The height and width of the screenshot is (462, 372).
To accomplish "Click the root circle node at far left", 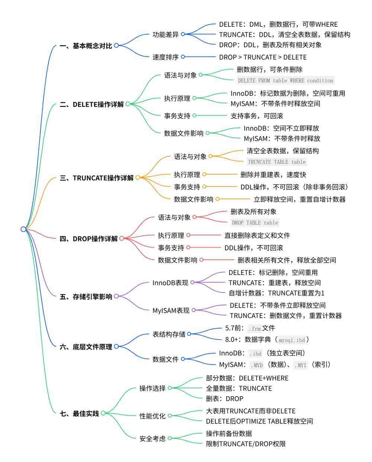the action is click(23, 229).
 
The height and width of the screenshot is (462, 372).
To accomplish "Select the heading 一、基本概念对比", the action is click(86, 46).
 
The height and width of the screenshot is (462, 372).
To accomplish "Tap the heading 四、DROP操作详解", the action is click(89, 238).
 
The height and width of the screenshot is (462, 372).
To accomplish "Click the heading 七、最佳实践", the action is click(79, 414).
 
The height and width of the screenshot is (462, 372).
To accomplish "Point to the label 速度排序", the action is click(166, 57).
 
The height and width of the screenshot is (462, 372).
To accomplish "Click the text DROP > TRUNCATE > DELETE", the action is click(263, 57).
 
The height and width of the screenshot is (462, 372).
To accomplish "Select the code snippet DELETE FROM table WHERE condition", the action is click(285, 80).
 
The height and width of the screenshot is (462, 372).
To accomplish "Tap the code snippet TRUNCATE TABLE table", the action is click(277, 162).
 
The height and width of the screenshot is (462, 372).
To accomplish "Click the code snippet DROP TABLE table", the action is click(255, 222).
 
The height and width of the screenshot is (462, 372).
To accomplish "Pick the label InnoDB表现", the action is click(170, 283).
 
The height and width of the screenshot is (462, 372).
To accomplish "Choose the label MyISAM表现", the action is click(171, 311).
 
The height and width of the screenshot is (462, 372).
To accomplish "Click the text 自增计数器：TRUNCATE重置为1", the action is click(277, 293).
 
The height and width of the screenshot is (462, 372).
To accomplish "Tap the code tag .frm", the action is click(254, 328).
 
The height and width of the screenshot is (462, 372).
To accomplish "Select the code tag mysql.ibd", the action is click(292, 340).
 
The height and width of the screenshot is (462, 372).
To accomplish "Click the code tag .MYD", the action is click(257, 365).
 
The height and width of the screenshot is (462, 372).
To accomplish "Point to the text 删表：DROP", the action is click(225, 399).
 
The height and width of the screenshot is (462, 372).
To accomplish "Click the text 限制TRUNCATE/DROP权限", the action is click(246, 444).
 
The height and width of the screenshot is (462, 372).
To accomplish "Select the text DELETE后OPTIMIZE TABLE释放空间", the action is click(259, 421).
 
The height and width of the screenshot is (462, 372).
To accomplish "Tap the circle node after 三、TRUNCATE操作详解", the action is click(138, 177).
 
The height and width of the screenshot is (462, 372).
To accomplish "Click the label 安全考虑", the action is click(153, 439).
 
